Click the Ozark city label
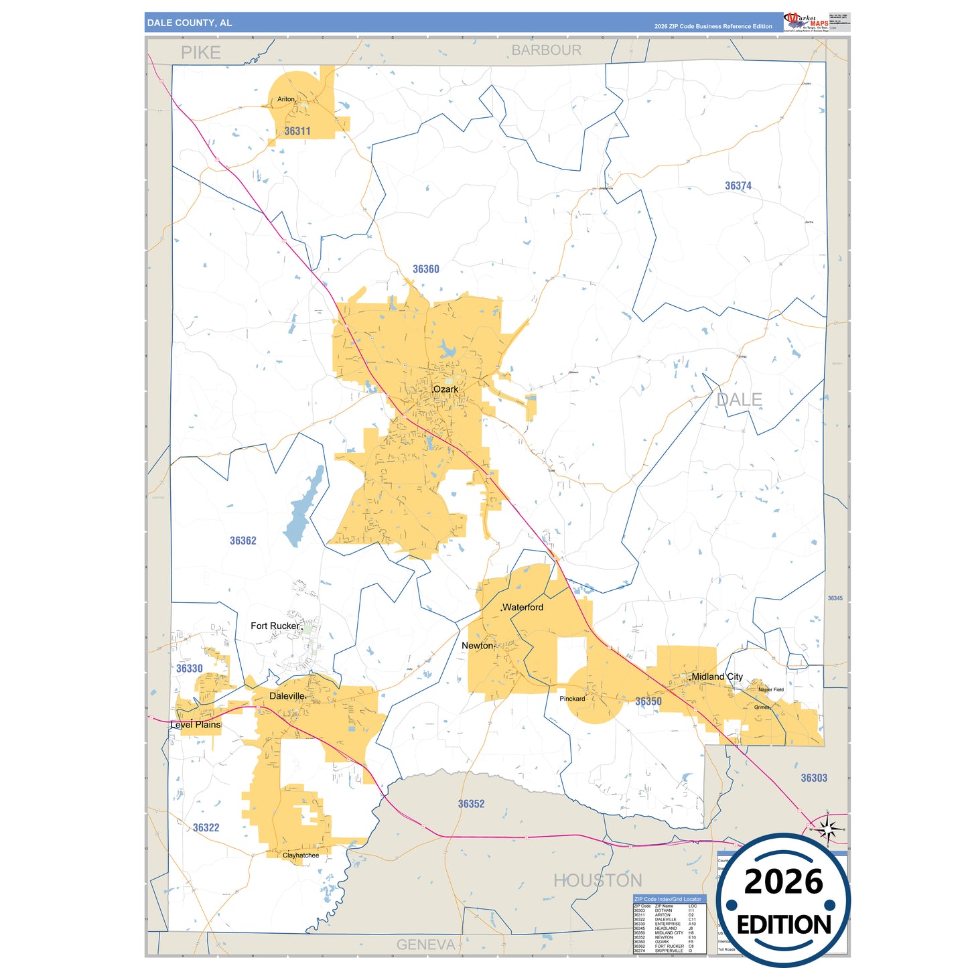[x=446, y=389]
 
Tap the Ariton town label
[x=286, y=99]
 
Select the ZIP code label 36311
[x=297, y=131]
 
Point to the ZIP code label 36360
[x=426, y=269]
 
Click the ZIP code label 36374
[x=738, y=186]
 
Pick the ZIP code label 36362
[x=243, y=541]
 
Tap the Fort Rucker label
[x=275, y=626]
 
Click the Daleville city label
[x=287, y=696]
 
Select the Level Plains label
[x=196, y=725]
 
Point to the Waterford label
[x=523, y=607]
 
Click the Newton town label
[x=478, y=646]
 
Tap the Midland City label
[x=717, y=677]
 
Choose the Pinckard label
[x=572, y=699]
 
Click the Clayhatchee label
[x=301, y=855]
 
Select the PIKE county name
[x=201, y=52]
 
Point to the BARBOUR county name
[x=547, y=50]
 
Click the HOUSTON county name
[x=598, y=880]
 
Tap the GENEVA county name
[x=426, y=945]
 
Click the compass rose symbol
[x=829, y=830]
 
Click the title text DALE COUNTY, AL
[x=190, y=23]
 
